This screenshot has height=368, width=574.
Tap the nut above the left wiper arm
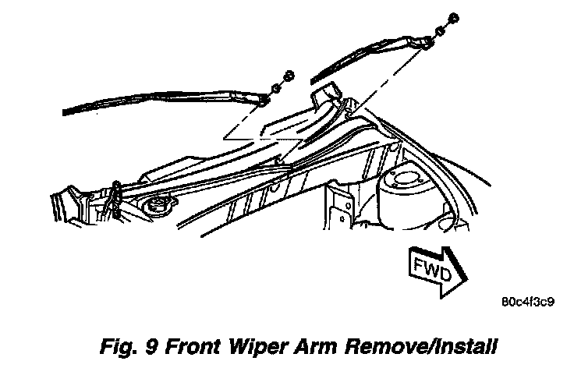(288, 75)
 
